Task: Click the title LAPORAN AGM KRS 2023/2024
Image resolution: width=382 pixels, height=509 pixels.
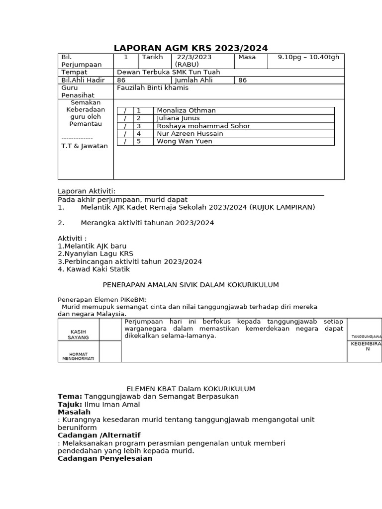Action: click(x=191, y=48)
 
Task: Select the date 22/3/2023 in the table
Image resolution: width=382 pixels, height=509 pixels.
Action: click(x=194, y=57)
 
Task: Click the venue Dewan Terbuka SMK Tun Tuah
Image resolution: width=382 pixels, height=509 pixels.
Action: click(x=168, y=72)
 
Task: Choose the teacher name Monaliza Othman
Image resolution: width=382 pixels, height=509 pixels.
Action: click(x=186, y=110)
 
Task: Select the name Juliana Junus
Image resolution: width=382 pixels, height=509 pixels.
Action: click(x=178, y=118)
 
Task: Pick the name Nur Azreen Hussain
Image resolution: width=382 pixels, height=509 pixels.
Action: click(x=190, y=134)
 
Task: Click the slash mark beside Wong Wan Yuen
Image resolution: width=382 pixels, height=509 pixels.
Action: click(x=125, y=142)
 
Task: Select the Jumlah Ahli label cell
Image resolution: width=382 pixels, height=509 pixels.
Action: click(x=193, y=80)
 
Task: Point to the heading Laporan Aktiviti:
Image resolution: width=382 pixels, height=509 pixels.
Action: click(x=87, y=191)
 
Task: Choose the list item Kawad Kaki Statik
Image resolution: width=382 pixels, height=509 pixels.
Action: click(x=94, y=269)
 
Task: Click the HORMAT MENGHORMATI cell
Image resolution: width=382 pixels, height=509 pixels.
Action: click(x=78, y=356)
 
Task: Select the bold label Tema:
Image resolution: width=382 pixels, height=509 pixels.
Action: click(x=70, y=397)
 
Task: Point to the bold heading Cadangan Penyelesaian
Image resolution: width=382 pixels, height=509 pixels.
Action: click(x=105, y=458)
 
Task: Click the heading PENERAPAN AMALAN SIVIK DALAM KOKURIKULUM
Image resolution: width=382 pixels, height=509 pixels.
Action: click(x=191, y=285)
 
